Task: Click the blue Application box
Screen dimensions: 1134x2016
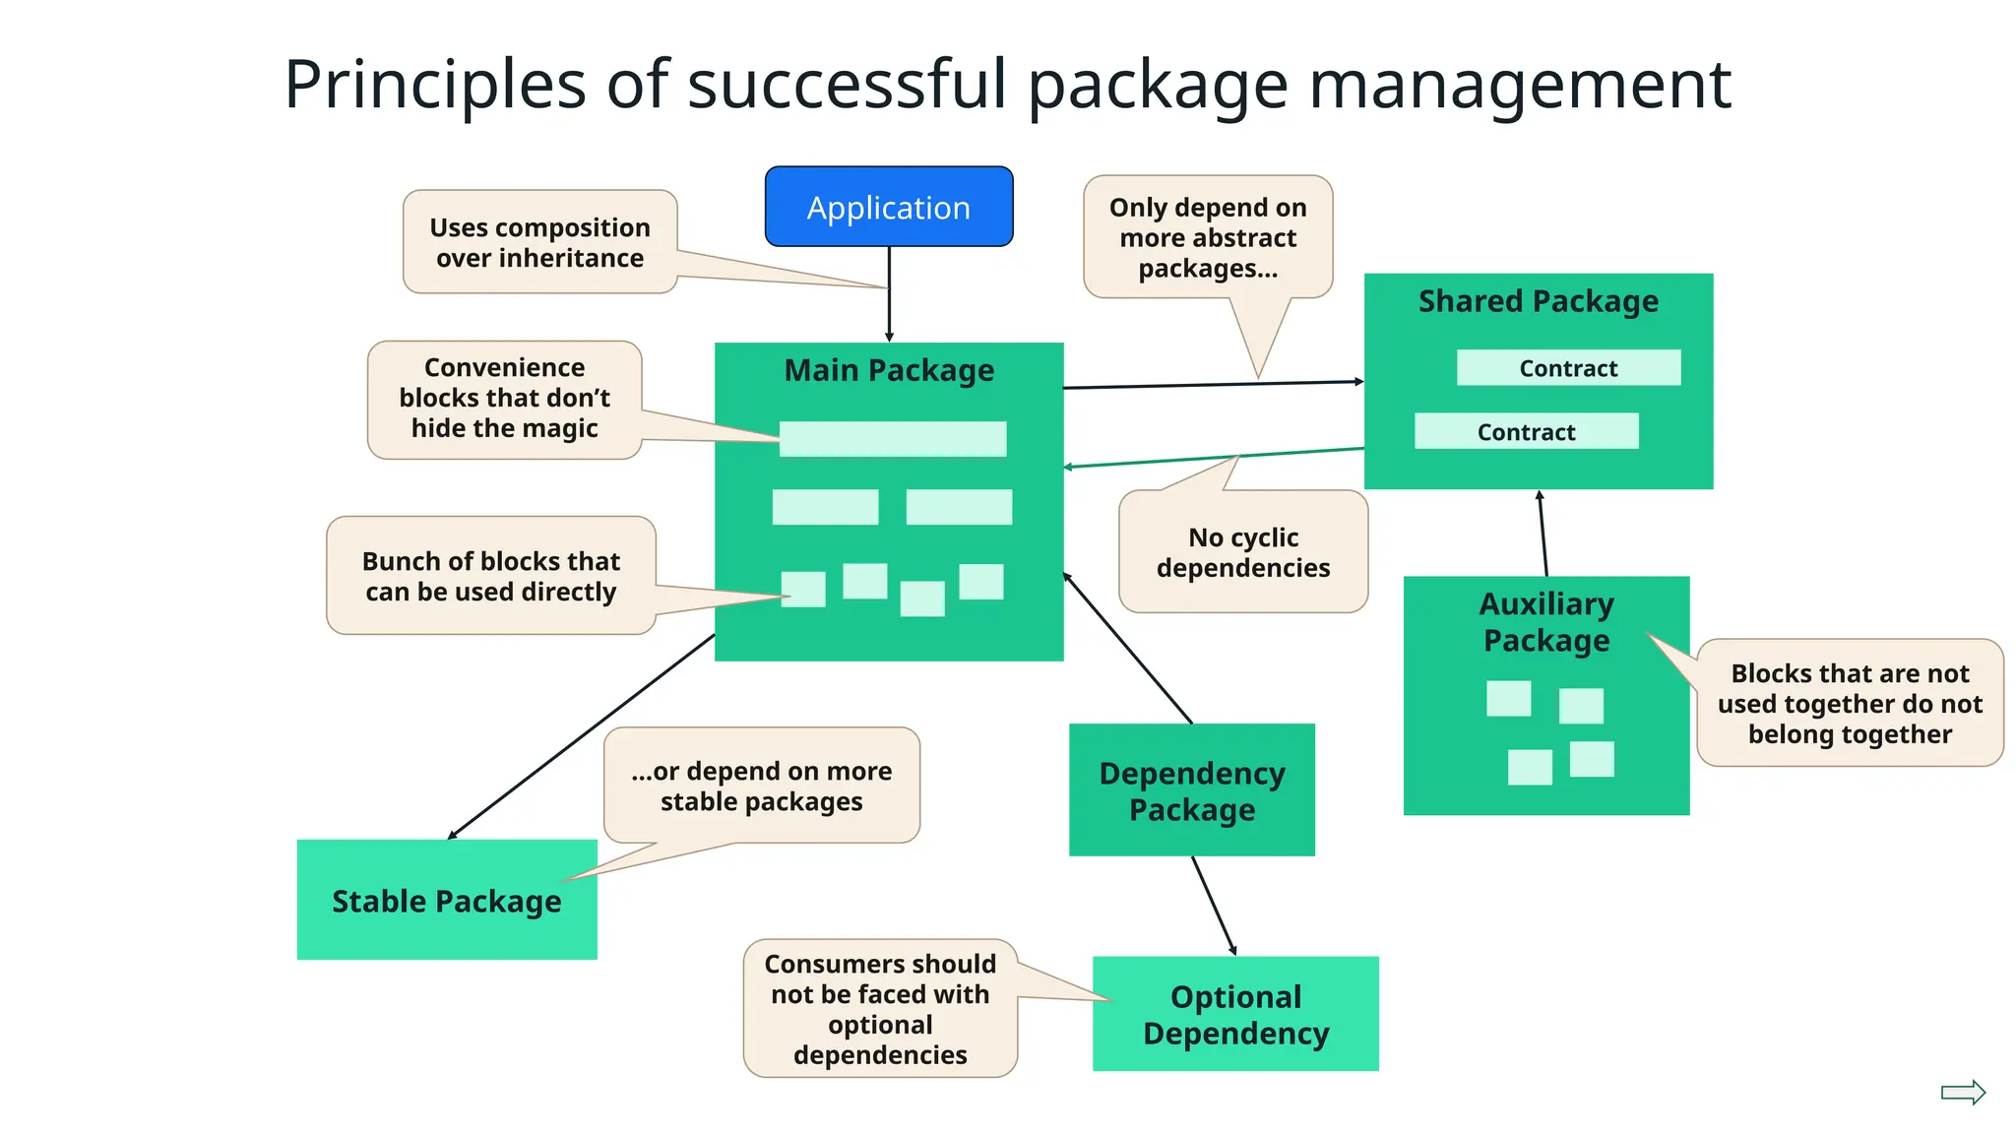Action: [x=888, y=207]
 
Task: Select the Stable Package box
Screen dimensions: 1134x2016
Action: [x=446, y=900]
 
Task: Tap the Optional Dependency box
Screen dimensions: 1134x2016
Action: [x=1234, y=1014]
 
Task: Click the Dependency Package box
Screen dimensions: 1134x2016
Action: [x=1191, y=790]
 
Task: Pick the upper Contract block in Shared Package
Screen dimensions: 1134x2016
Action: [x=1568, y=368]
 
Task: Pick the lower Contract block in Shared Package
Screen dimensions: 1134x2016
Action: [x=1526, y=431]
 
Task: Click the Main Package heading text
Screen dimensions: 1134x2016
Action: [x=888, y=370]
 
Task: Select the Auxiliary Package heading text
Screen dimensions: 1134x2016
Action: [x=1545, y=622]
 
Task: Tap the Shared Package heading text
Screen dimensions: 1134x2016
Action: [x=1538, y=301]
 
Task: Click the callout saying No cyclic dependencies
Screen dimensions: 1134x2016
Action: [x=1242, y=552]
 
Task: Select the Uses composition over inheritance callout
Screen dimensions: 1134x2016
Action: [x=539, y=242]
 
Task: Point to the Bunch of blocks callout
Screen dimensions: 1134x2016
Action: [x=490, y=576]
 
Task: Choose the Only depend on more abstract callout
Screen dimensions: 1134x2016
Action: [x=1208, y=237]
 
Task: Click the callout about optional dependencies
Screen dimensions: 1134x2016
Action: [x=880, y=1008]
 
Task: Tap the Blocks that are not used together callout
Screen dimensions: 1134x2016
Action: [x=1849, y=703]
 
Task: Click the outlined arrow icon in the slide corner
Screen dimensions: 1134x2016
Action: [x=1962, y=1092]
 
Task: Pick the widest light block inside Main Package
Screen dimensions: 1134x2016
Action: [x=892, y=439]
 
